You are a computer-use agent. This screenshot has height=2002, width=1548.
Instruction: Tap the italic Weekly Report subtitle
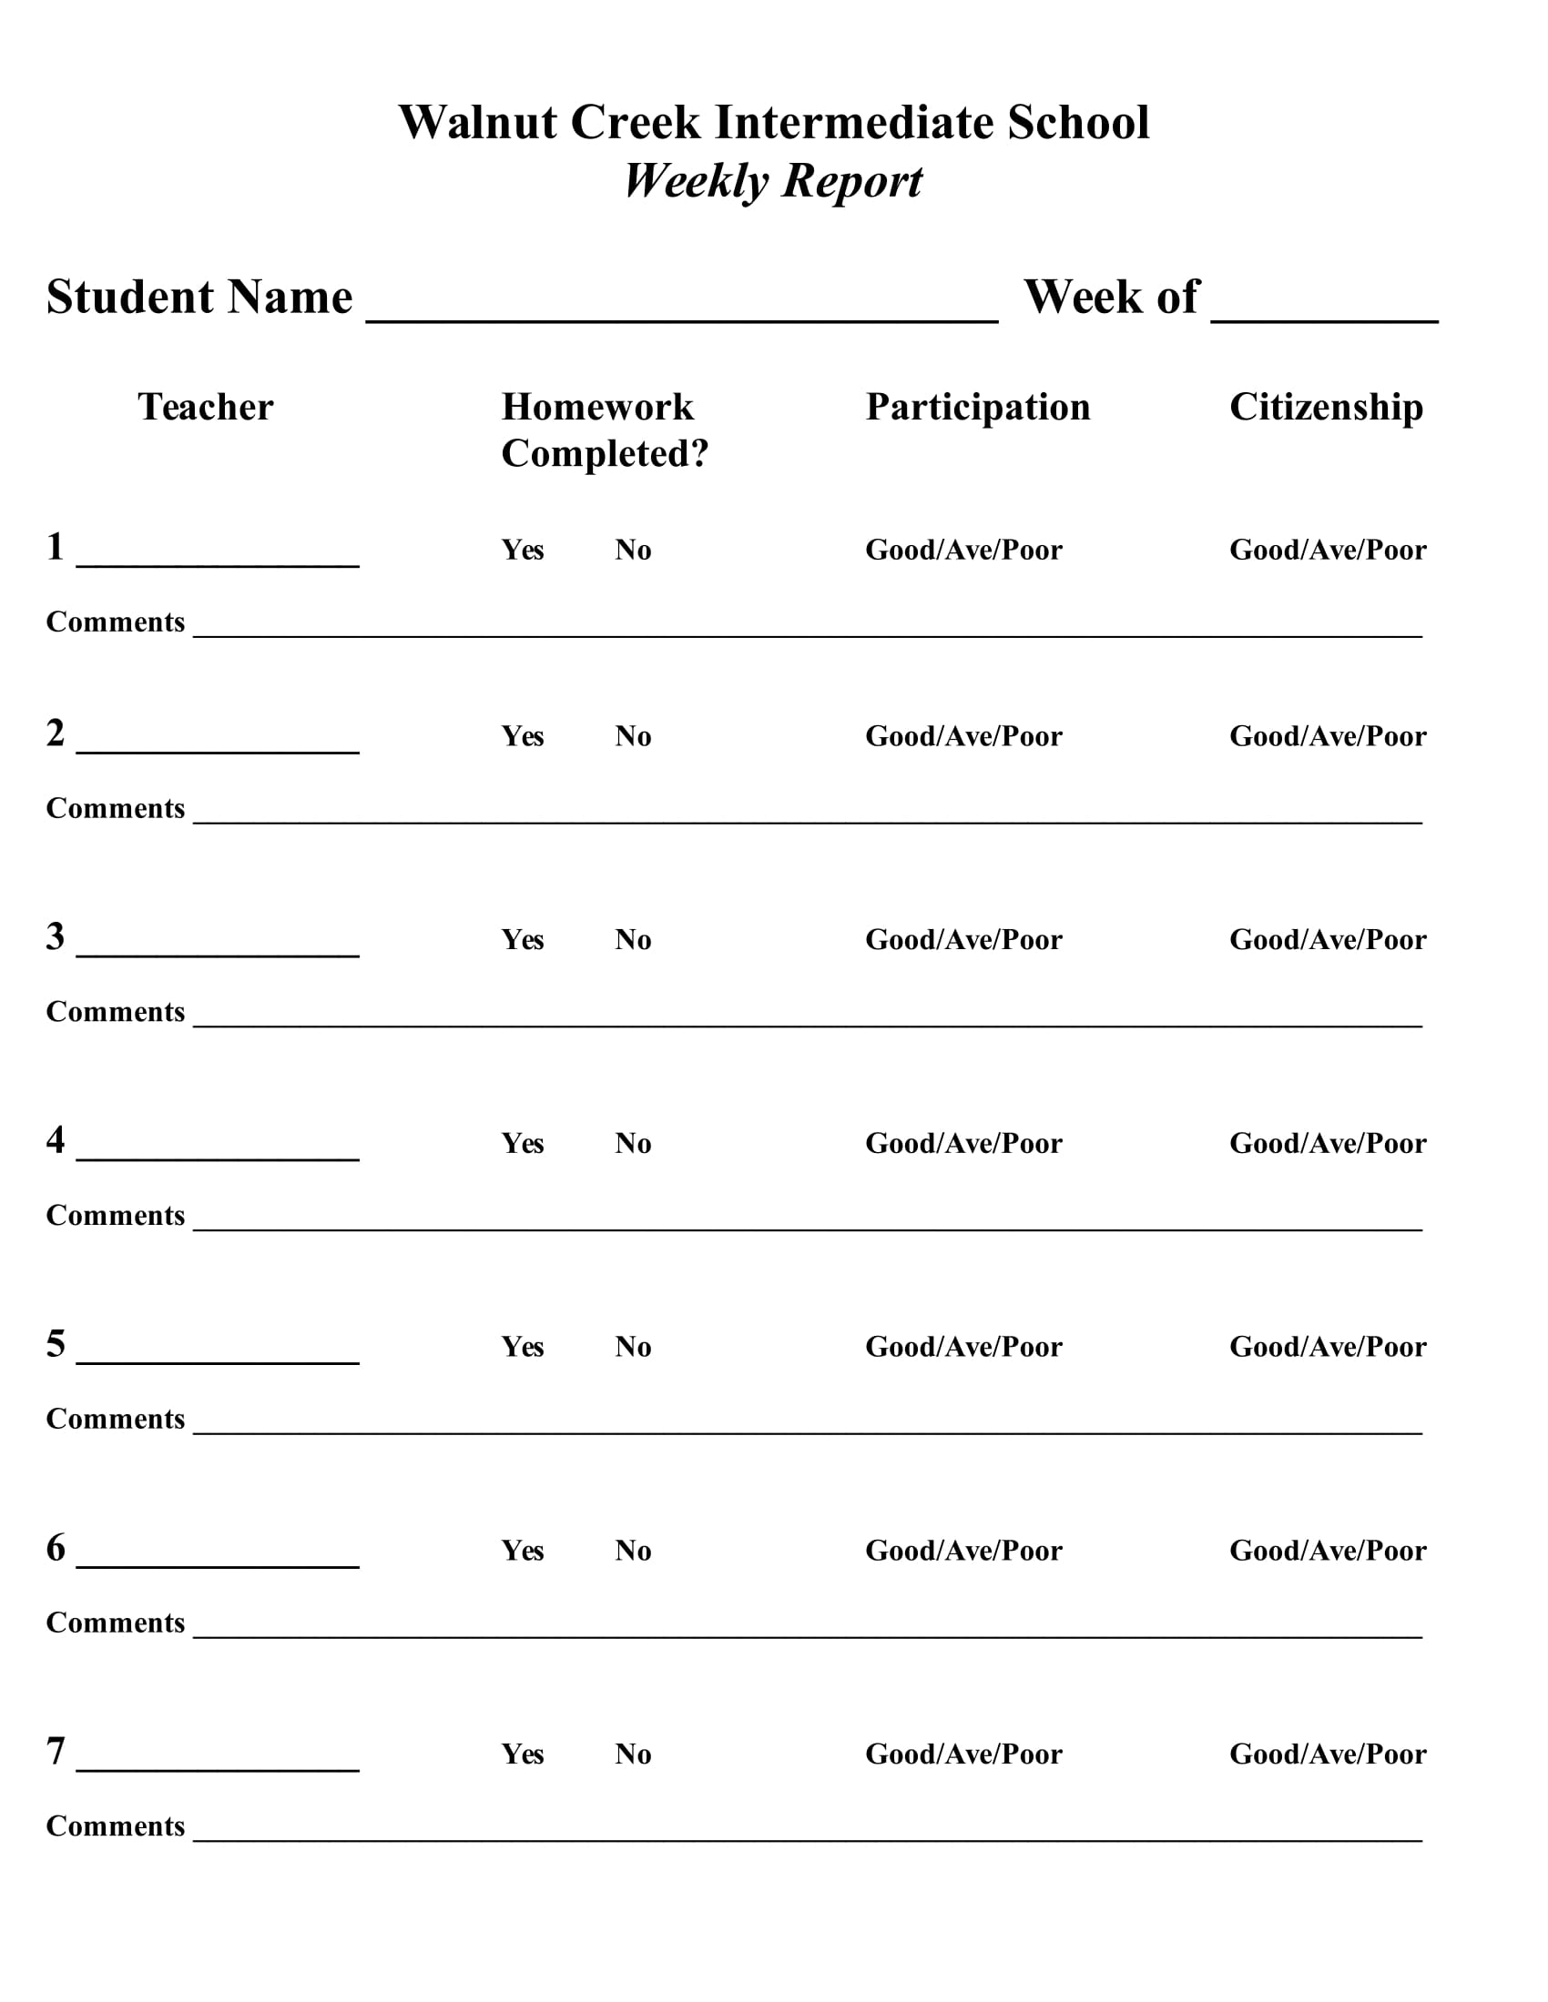[x=773, y=180]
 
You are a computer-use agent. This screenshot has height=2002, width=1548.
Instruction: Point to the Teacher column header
[x=206, y=407]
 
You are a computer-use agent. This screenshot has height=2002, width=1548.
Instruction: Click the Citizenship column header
[x=1325, y=407]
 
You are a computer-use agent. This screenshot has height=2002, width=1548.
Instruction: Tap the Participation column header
[x=978, y=407]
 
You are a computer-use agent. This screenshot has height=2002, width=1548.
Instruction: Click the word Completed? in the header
[x=605, y=454]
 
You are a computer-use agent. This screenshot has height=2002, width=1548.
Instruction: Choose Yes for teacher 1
[x=522, y=550]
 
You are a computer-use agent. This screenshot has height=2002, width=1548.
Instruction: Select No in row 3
[x=633, y=940]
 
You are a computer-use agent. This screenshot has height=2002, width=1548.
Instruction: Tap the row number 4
[x=56, y=1140]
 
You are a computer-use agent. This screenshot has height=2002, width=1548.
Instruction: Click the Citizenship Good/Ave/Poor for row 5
[x=1327, y=1347]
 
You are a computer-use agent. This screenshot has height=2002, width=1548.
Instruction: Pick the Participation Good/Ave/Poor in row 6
[x=962, y=1550]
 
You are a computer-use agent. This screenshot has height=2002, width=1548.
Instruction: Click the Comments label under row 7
[x=116, y=1826]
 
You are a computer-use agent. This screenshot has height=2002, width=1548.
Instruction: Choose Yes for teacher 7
[x=522, y=1754]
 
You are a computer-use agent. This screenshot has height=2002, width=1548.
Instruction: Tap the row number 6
[x=56, y=1547]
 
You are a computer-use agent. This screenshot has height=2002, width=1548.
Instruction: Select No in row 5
[x=633, y=1347]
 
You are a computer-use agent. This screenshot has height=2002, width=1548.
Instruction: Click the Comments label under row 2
[x=116, y=808]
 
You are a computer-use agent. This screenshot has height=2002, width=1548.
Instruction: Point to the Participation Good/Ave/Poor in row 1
[x=962, y=550]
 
